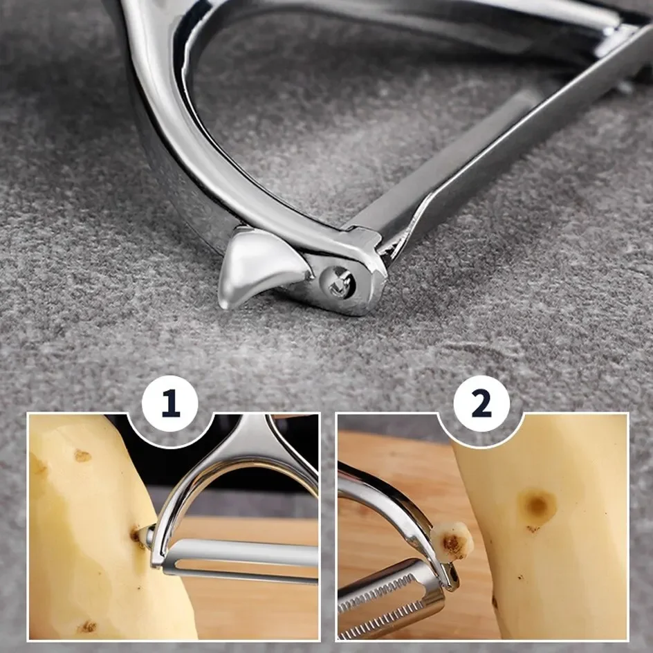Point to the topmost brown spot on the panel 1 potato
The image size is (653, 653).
(82, 455)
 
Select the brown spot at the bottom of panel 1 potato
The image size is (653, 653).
(88, 626)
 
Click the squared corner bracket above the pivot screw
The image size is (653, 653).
(367, 242)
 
